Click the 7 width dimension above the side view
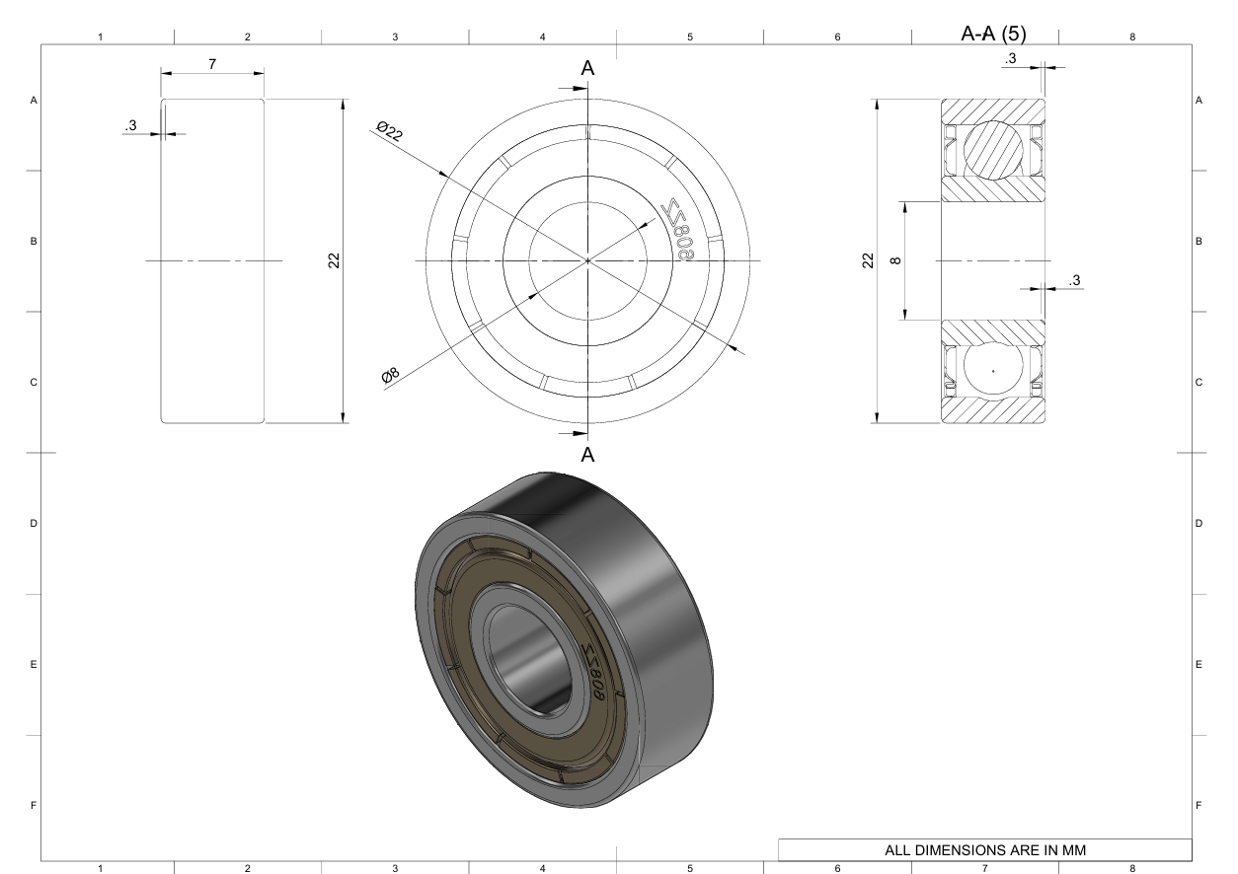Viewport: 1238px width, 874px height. click(x=212, y=64)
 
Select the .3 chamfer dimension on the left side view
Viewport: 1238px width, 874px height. click(x=130, y=126)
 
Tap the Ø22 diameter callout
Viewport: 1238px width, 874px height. click(x=390, y=131)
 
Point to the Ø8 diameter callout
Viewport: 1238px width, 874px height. click(x=390, y=375)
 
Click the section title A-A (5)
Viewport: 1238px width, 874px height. click(x=993, y=34)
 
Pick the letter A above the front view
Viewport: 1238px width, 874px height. click(x=587, y=68)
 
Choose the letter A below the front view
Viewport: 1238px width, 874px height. click(x=587, y=455)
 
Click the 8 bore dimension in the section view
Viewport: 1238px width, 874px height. click(x=896, y=260)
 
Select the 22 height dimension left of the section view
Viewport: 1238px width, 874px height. click(x=868, y=260)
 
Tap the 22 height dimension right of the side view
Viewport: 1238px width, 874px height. click(x=334, y=260)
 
